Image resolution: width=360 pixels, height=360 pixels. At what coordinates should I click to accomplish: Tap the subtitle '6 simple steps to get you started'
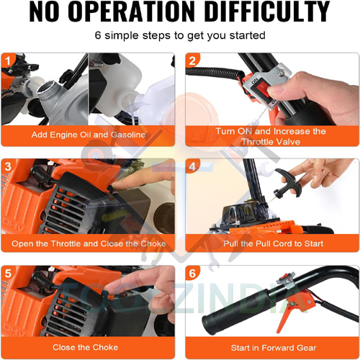coord(180,35)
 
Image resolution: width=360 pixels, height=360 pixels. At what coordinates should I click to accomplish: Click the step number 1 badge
coord(9,60)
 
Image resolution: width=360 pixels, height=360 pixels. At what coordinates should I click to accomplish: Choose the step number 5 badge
coord(9,274)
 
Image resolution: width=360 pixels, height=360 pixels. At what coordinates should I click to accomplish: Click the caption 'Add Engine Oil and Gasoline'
coord(87,135)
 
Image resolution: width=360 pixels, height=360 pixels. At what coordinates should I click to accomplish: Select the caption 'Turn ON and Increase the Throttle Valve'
coord(271,136)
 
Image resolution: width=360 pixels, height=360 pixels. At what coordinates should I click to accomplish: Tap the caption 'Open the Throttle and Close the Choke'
coord(88,243)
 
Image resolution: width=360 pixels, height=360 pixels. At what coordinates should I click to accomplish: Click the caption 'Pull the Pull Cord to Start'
coord(271,243)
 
